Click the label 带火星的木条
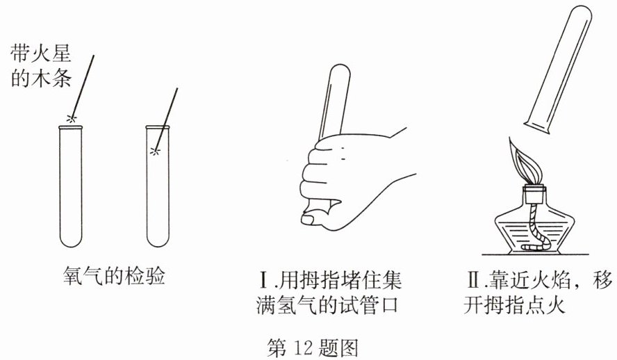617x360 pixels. pos(40,66)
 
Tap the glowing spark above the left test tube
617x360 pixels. pos(71,117)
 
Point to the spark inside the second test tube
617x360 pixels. pos(156,151)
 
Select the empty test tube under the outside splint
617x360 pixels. pos(71,186)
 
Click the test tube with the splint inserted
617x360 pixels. pos(158,186)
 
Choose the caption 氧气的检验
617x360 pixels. pos(114,276)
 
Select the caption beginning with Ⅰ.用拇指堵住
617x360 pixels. pos(329,292)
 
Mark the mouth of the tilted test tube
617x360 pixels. pos(536,129)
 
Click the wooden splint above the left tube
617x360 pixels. pos(82,86)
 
